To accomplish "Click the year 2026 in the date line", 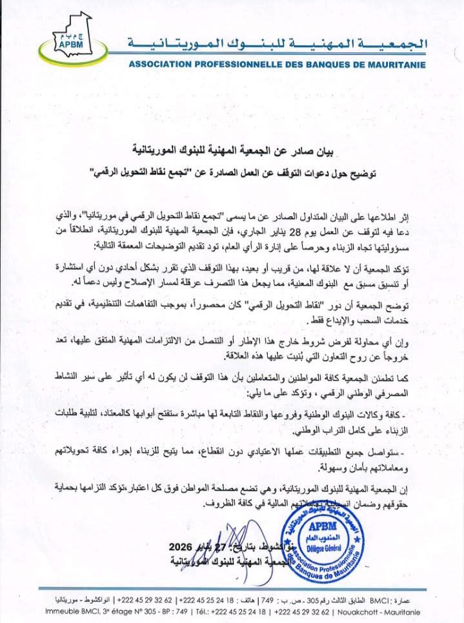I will (x=177, y=548).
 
